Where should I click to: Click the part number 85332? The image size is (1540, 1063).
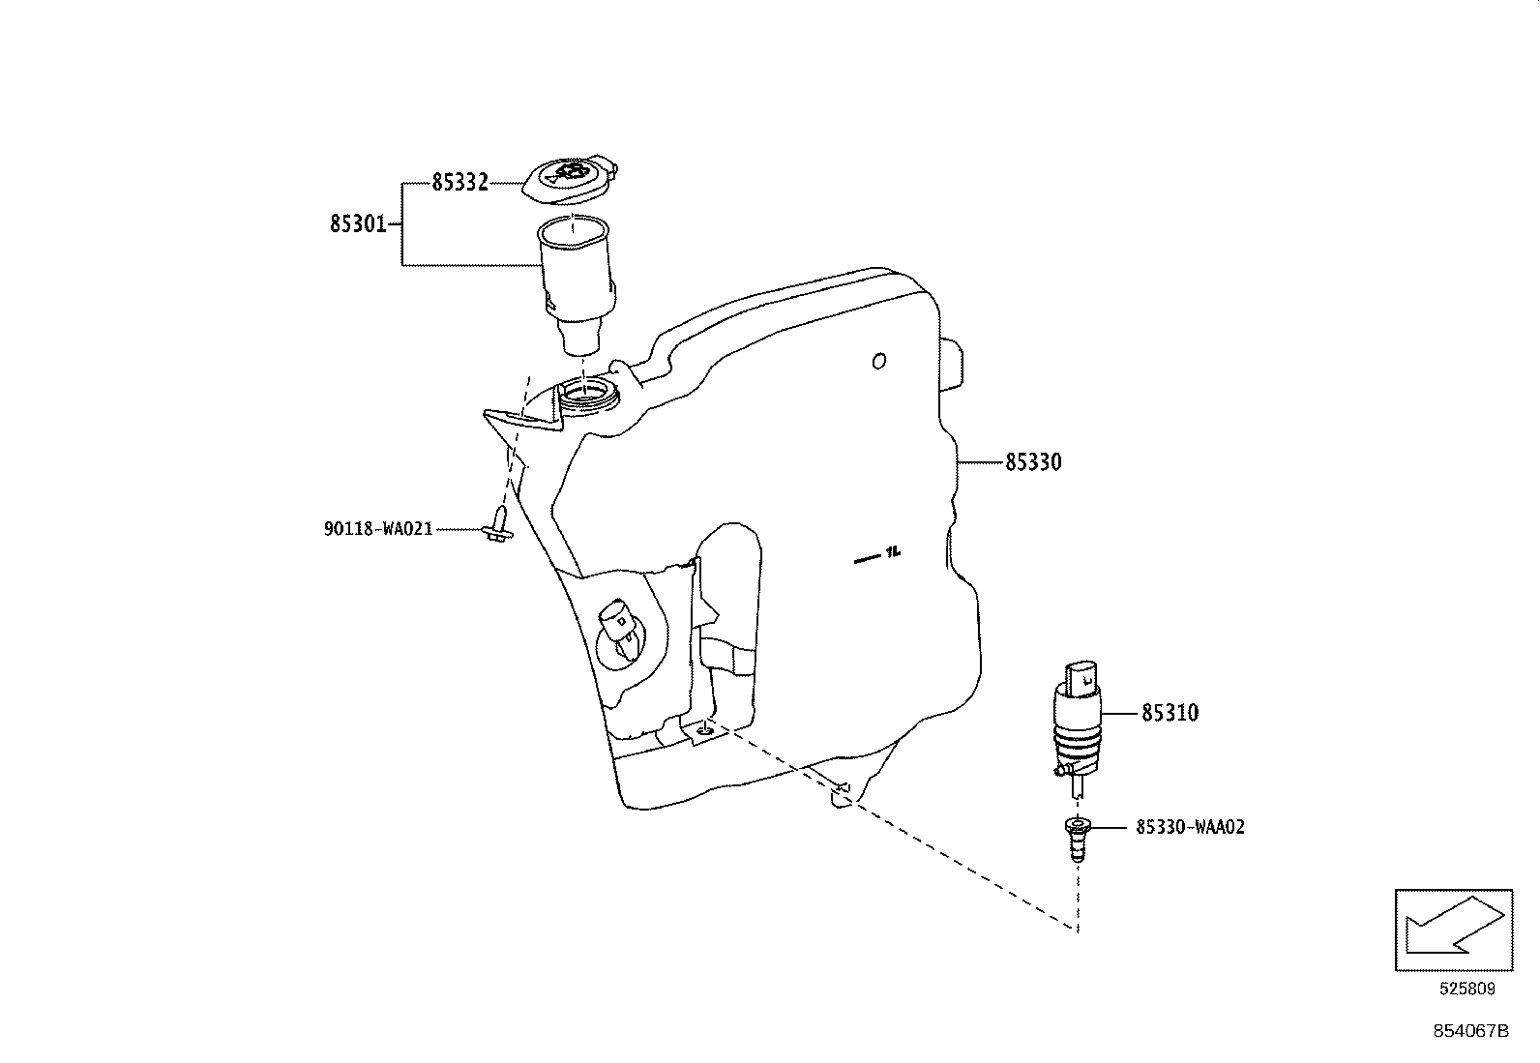point(459,182)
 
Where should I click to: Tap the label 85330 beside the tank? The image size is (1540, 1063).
point(1033,463)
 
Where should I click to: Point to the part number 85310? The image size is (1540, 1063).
point(1170,714)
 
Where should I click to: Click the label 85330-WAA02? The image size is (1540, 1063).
point(1190,828)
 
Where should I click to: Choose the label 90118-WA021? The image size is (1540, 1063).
point(377,530)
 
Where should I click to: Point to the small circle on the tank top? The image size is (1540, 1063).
point(878,361)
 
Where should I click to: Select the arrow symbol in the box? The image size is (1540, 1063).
point(1453,929)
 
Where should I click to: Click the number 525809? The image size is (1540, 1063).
point(1466,989)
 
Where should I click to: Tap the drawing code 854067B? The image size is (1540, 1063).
point(1470,1031)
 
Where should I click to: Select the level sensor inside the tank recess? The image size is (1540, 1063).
point(619,631)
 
